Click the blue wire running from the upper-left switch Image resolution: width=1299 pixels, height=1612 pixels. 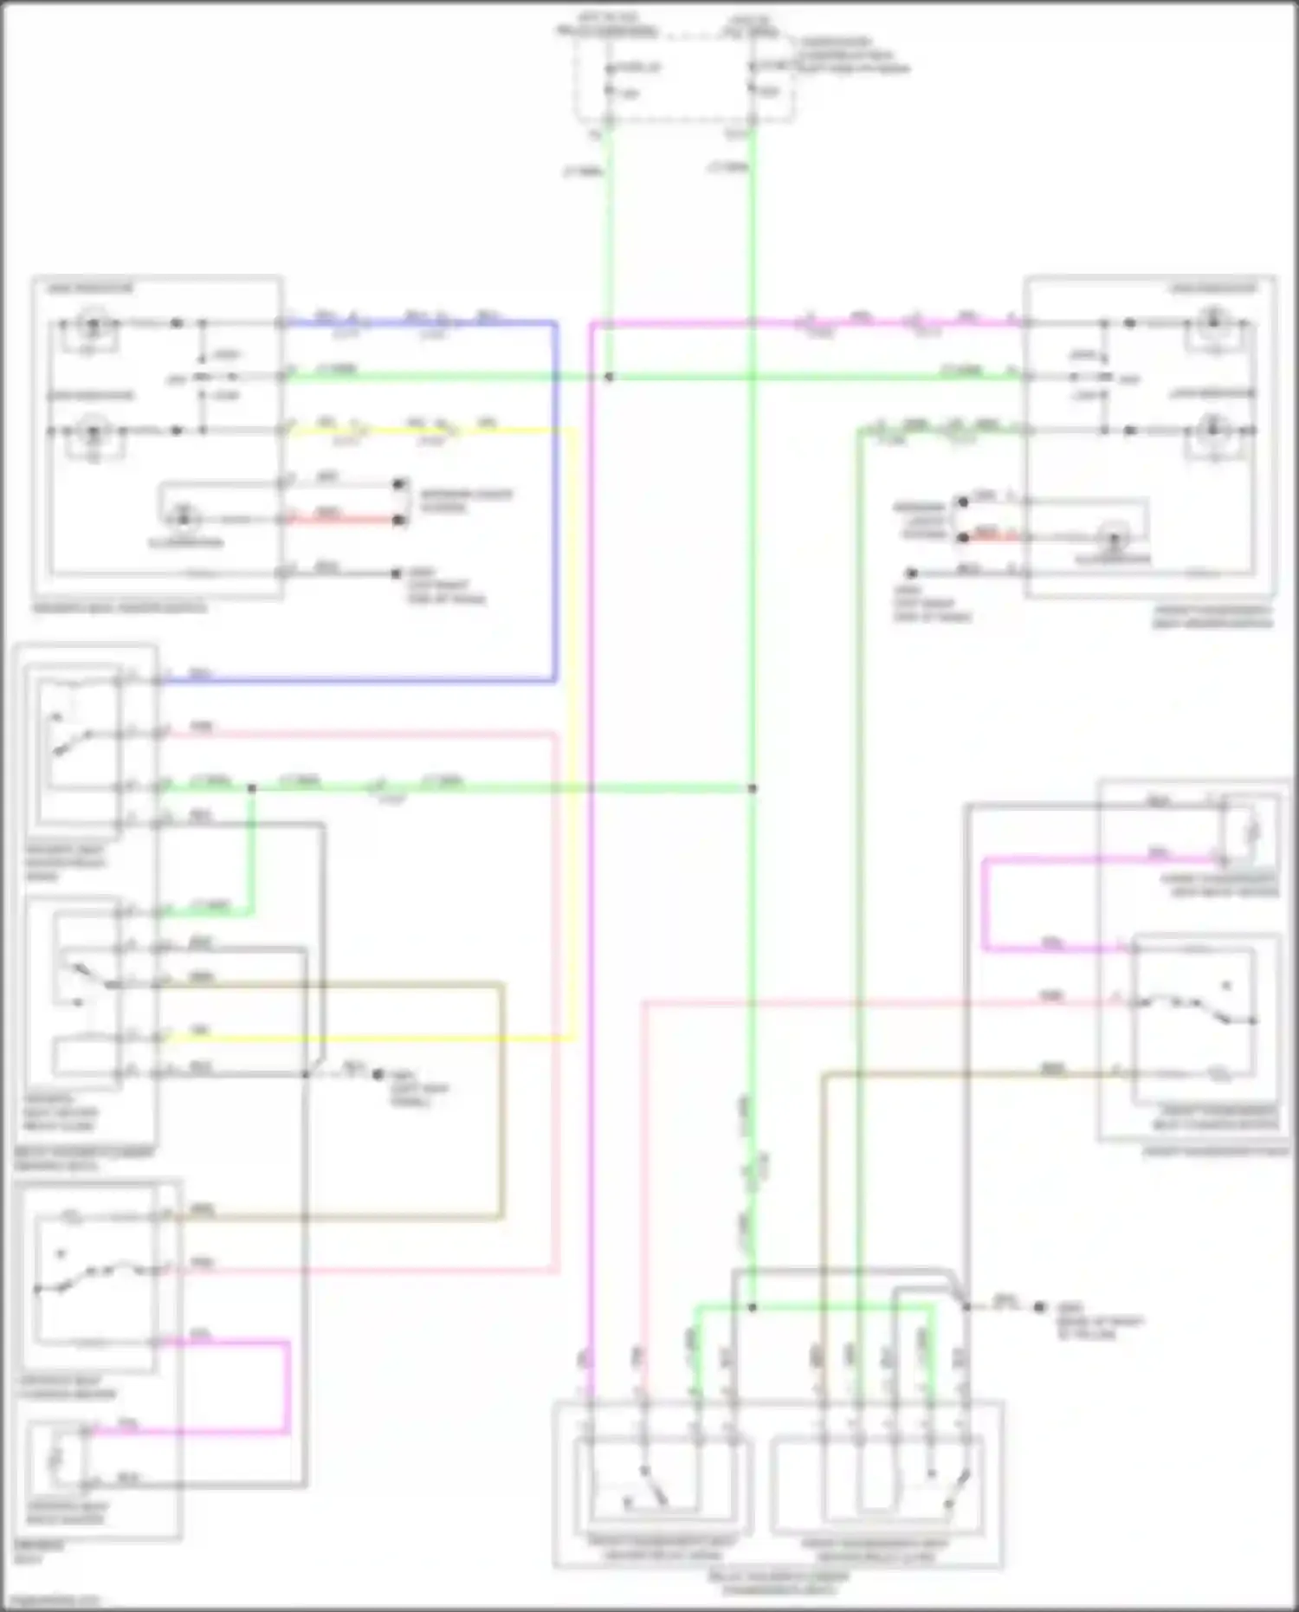554,502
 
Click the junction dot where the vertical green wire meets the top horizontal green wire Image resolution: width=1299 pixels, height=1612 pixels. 609,378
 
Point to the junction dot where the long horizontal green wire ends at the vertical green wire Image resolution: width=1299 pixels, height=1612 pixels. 753,788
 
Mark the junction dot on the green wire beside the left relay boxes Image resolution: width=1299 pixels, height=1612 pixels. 252,788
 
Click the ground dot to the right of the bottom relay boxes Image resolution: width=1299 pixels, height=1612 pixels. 1039,1307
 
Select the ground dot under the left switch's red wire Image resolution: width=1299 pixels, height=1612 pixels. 396,573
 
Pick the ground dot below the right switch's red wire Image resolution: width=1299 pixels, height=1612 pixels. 911,573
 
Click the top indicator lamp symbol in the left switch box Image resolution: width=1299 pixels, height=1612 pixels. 90,325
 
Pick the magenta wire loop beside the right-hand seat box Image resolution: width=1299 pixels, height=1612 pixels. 985,905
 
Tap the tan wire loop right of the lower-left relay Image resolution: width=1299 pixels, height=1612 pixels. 501,1100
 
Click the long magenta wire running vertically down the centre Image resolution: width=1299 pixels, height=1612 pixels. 591,866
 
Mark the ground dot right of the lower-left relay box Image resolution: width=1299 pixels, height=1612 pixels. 378,1074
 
